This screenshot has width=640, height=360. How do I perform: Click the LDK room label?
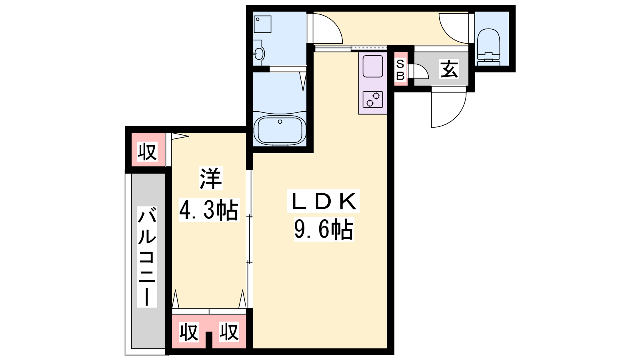tap(323, 201)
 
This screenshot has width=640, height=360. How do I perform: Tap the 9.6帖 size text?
tap(324, 230)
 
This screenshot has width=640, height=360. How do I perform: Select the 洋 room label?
tap(210, 178)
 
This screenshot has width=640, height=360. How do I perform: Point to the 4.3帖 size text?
tap(209, 210)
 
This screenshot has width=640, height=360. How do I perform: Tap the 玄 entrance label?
tap(449, 69)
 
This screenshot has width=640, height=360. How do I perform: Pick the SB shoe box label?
tap(400, 70)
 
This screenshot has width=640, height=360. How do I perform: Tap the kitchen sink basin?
tap(372, 66)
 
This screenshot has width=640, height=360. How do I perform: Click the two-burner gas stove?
tap(372, 99)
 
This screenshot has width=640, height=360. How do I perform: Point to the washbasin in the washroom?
tap(258, 53)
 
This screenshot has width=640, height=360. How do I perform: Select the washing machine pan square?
tap(262, 24)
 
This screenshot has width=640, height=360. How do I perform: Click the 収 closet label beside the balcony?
tap(147, 152)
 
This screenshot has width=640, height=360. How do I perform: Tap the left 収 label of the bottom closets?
tap(188, 332)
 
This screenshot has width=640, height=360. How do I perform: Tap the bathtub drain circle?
tap(280, 122)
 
